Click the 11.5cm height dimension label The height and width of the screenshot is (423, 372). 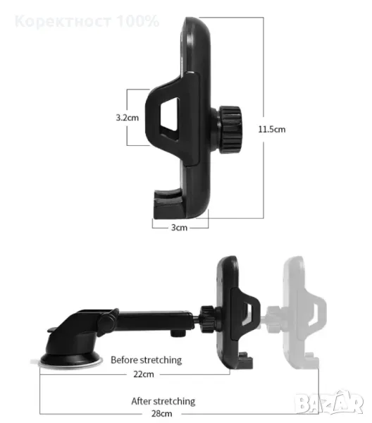pyautogui.click(x=272, y=129)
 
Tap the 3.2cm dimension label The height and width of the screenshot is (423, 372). pyautogui.click(x=128, y=118)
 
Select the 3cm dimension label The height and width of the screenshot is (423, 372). pyautogui.click(x=179, y=228)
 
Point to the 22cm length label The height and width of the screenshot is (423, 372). pyautogui.click(x=144, y=374)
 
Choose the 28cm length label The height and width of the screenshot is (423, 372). pyautogui.click(x=162, y=413)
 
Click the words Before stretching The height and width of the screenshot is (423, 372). pyautogui.click(x=147, y=360)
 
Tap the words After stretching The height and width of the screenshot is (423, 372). pyautogui.click(x=163, y=401)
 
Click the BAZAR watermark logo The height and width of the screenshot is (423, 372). pyautogui.click(x=330, y=403)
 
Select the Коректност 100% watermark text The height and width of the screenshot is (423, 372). pyautogui.click(x=87, y=21)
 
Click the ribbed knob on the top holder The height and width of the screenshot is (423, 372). pyautogui.click(x=230, y=130)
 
